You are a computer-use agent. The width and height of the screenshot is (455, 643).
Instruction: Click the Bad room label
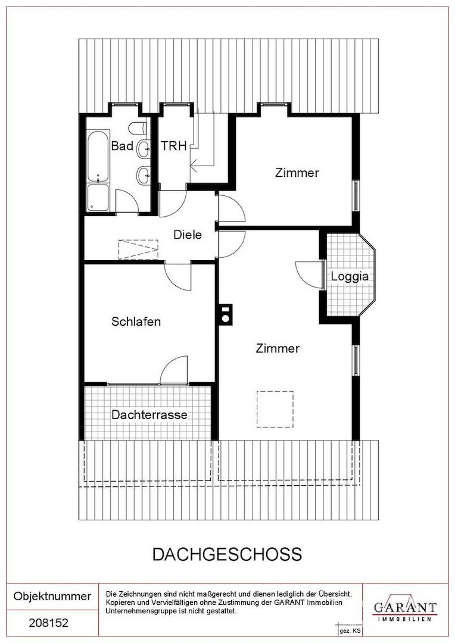pos(122,146)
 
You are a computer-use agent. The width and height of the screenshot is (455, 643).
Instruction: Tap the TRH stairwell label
pos(174,146)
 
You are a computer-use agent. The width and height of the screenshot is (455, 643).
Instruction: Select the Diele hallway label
pos(188,235)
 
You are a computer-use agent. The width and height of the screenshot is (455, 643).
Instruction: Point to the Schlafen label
pos(136,321)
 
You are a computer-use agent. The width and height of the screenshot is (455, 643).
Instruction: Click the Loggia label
pos(350,277)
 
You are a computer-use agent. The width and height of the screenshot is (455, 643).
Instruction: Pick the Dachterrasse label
pos(149,414)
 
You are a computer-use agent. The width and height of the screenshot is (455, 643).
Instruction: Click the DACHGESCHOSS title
pos(227,554)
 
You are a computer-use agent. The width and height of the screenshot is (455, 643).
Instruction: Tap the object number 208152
pos(48,623)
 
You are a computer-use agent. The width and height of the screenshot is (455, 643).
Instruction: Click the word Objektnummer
pos(52,596)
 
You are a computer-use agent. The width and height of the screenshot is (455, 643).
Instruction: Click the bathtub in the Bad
pos(98,156)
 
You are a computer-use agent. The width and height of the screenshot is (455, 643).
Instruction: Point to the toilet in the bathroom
pos(138,128)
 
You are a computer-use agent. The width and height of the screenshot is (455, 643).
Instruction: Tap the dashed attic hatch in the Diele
pos(138,249)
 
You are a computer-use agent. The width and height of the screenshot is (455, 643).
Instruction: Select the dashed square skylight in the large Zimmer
pos(275,409)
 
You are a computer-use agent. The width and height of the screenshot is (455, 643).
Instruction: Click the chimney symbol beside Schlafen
pos(225,314)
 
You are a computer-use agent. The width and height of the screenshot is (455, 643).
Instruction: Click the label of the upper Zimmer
pos(297,173)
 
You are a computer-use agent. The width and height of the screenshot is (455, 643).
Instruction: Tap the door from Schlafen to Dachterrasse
pos(174,370)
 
